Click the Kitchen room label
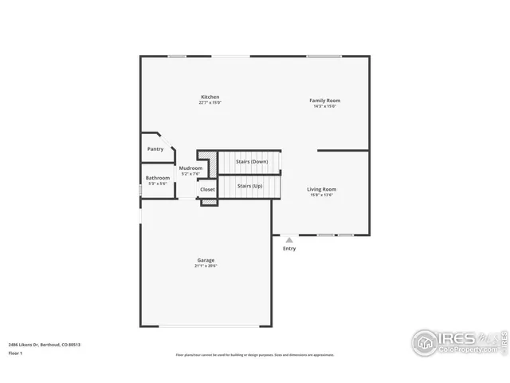tap(210, 97)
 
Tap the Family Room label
tap(324, 101)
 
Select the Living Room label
tap(322, 189)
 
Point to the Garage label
tap(206, 260)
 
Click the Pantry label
tap(155, 149)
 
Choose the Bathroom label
tap(157, 178)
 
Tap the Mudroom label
tap(190, 168)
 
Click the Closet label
tap(207, 189)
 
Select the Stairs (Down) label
tap(252, 162)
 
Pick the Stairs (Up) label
tap(250, 186)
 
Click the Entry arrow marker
tap(289, 239)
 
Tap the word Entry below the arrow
tap(289, 248)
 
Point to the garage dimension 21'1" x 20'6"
tap(206, 266)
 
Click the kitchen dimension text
tap(210, 103)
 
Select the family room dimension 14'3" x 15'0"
tap(324, 106)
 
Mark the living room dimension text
tap(322, 195)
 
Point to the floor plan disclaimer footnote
tap(255, 355)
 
